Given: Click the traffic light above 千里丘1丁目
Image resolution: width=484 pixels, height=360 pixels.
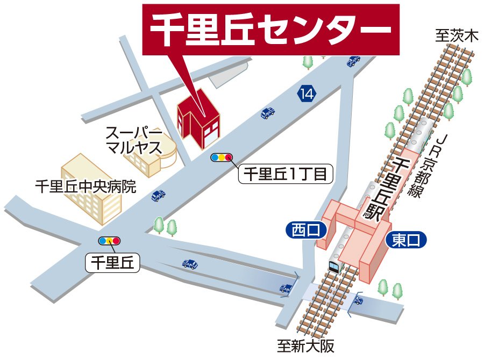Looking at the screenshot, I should click(222, 157).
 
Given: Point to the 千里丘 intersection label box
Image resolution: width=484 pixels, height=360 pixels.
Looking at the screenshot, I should click(113, 263).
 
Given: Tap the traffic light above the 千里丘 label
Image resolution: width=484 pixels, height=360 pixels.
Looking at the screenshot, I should click(109, 241).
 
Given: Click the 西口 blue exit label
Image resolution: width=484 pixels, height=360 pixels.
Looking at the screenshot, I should click(305, 231).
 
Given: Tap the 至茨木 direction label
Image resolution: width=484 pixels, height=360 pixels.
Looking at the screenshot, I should click(457, 37).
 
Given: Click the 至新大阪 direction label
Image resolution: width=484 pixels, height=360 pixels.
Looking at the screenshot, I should click(305, 346).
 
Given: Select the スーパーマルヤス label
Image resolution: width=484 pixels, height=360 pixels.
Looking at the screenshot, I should click(133, 140).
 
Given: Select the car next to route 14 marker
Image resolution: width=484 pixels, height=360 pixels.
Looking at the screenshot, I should click(268, 113).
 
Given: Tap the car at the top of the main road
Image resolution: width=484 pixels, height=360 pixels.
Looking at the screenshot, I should click(353, 61).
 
